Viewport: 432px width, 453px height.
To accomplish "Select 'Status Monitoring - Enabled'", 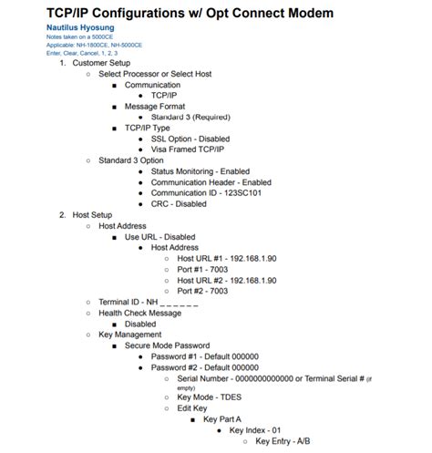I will (x=200, y=171).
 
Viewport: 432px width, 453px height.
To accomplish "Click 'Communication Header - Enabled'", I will (x=211, y=182).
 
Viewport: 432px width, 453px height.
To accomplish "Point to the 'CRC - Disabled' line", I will (x=179, y=203).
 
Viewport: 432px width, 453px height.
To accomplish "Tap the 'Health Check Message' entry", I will (x=139, y=313).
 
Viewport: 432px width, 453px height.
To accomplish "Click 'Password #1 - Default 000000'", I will (x=205, y=356).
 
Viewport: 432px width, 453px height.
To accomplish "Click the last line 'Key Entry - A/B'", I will (x=286, y=441).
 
